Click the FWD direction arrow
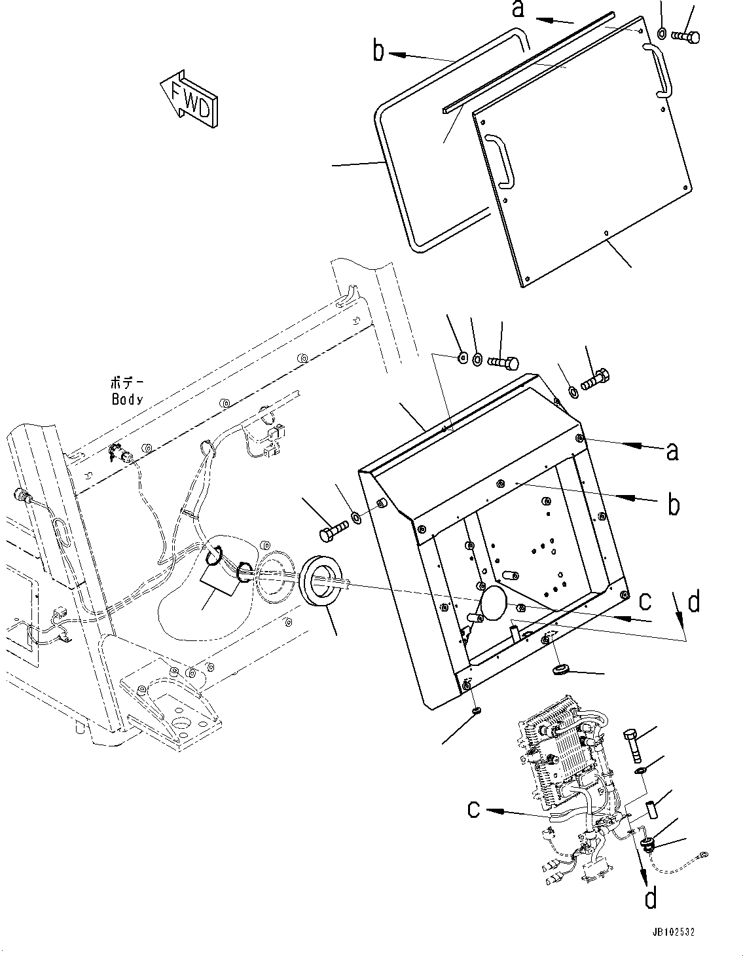coord(189,98)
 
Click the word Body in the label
coord(127,399)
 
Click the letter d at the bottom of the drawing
coord(650,898)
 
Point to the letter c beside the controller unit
coord(476,810)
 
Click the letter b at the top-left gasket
coord(378,50)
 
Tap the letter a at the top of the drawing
coord(518,9)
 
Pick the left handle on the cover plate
coord(501,161)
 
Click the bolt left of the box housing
coord(333,530)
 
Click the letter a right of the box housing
coord(672,452)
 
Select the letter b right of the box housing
coord(673,504)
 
